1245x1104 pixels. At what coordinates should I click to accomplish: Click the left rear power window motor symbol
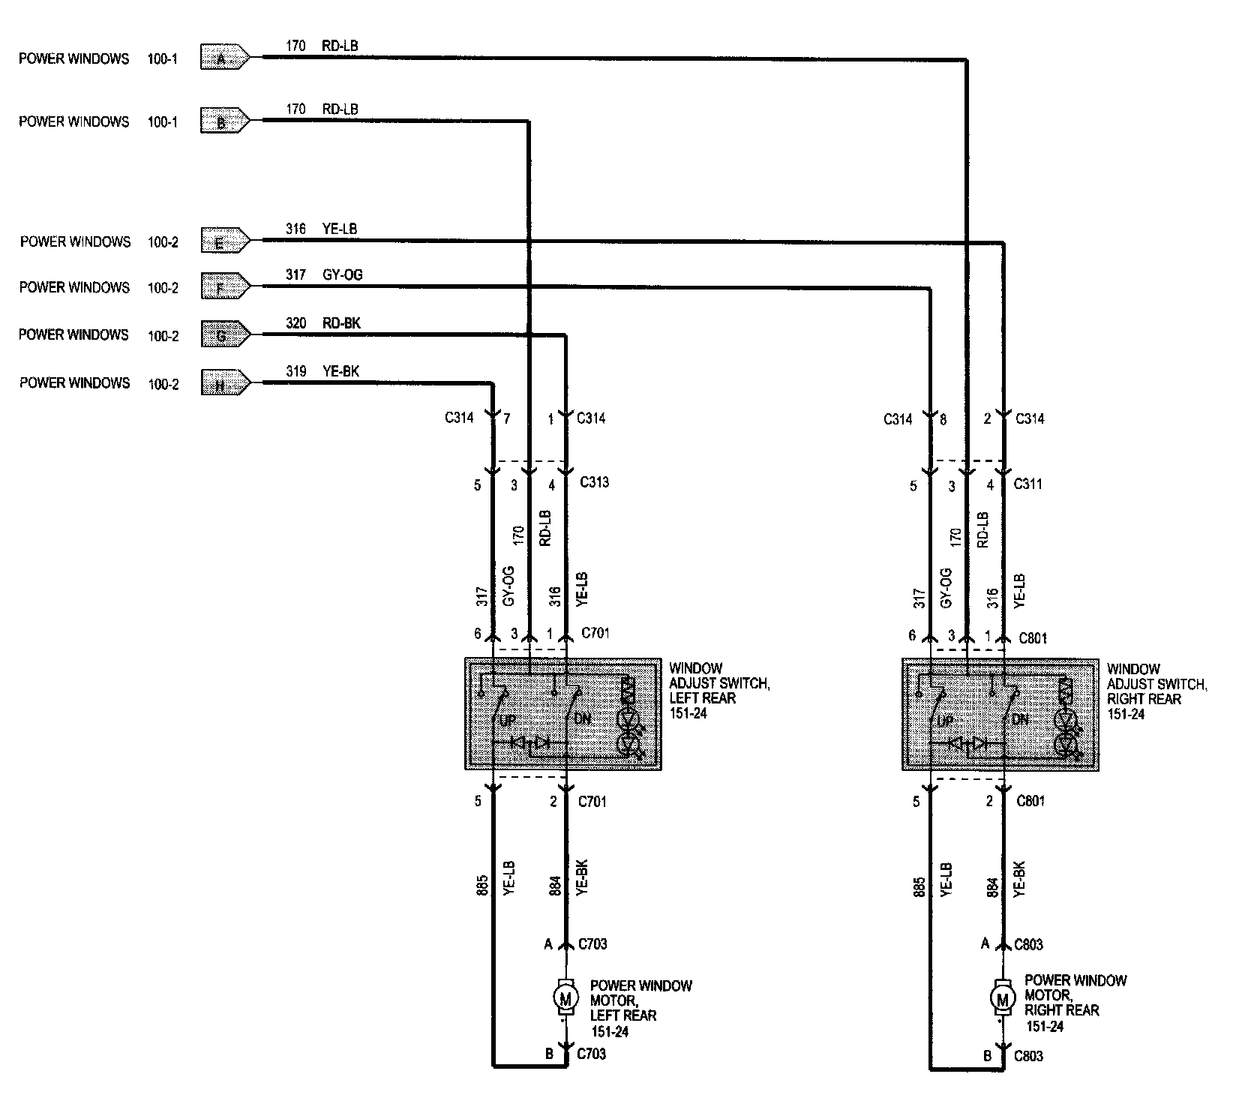pos(565,998)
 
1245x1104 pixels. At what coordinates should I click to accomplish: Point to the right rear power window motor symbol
pos(1001,998)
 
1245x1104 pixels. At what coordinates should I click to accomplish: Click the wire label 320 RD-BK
pos(323,323)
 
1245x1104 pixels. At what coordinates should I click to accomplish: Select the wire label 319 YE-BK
pos(322,371)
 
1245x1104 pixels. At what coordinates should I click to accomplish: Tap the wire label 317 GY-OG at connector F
pos(324,275)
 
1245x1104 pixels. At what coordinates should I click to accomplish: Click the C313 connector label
pos(594,482)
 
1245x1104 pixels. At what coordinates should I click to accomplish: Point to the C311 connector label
pos(1028,484)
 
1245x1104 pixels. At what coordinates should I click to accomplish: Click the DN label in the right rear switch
pos(1020,719)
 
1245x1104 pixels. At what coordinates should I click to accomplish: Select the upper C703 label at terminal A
pos(592,944)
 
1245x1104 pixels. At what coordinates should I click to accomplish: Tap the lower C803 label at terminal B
pos(1029,1056)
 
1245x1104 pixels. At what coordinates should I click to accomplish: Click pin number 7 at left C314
pos(507,418)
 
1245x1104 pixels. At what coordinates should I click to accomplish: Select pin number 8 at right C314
pos(943,419)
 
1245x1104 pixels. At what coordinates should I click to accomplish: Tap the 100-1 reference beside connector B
pos(163,121)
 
